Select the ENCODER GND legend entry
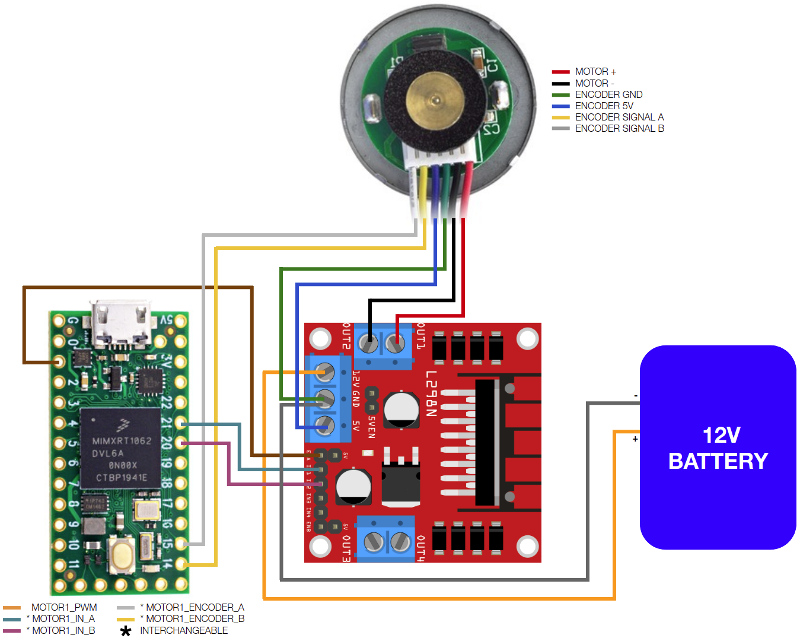608,95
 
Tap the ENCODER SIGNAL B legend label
619,129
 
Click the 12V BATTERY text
718,448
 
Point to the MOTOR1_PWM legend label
64,608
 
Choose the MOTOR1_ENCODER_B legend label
195,619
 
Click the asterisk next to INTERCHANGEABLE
126,631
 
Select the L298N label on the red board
431,394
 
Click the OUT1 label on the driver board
420,336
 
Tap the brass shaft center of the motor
435,100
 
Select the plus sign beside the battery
635,439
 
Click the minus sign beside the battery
636,396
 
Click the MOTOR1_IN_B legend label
63,631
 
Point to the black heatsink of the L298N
487,443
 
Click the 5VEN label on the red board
372,427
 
